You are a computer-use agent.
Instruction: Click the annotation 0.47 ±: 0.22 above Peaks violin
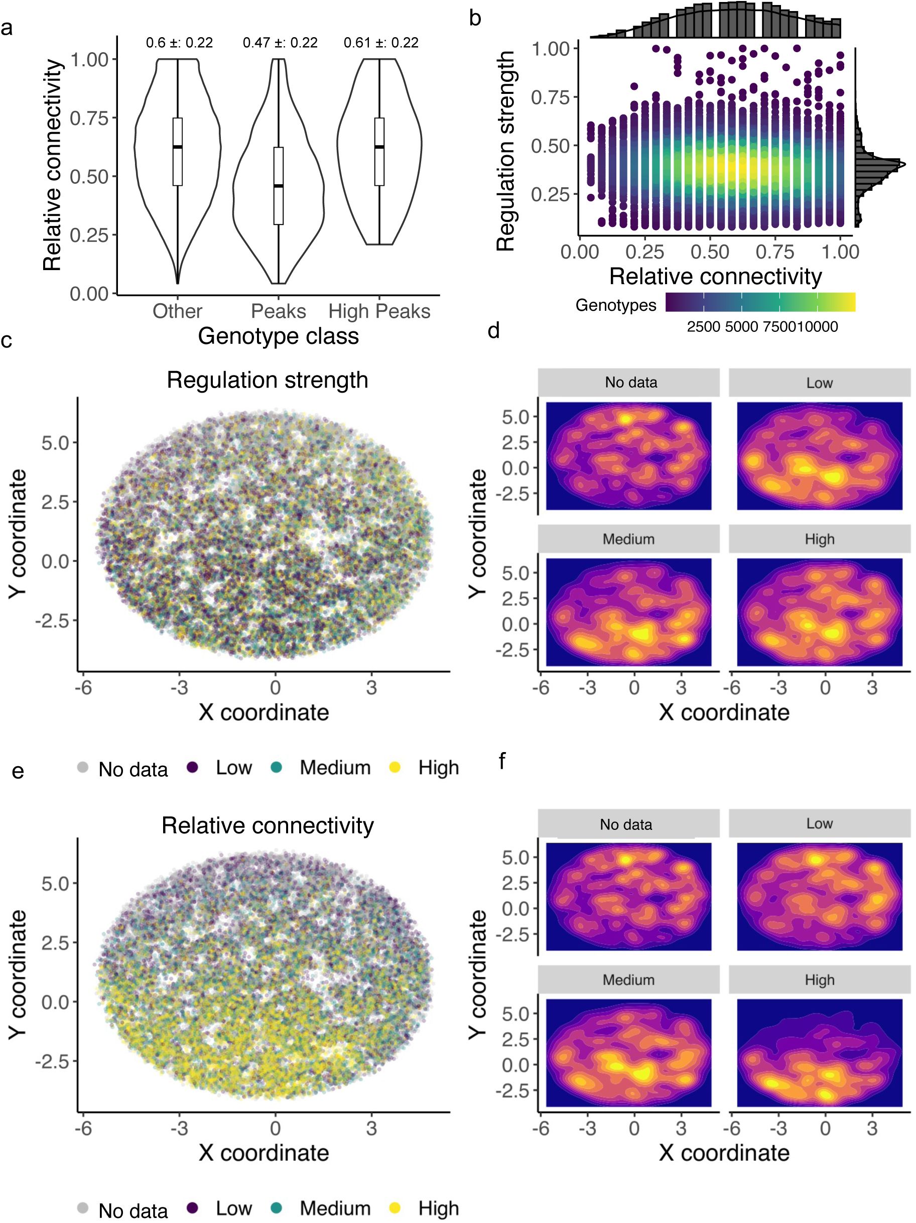click(280, 43)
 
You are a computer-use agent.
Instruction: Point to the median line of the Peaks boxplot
click(278, 186)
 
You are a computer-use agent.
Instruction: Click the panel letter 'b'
click(475, 18)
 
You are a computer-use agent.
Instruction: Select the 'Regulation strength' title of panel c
click(268, 381)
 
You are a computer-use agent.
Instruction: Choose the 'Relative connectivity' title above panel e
click(268, 825)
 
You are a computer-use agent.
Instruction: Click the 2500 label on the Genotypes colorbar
click(703, 327)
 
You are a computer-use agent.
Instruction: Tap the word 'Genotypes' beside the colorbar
click(615, 305)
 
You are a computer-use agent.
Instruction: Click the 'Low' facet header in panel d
click(819, 383)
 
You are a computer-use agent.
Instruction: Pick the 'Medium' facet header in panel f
click(628, 980)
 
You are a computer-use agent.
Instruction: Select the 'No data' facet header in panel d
click(630, 383)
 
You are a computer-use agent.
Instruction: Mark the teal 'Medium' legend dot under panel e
click(277, 1208)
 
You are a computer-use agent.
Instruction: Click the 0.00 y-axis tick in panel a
click(89, 294)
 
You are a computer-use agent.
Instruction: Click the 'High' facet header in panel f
click(819, 980)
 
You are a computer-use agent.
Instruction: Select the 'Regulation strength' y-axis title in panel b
click(506, 152)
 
